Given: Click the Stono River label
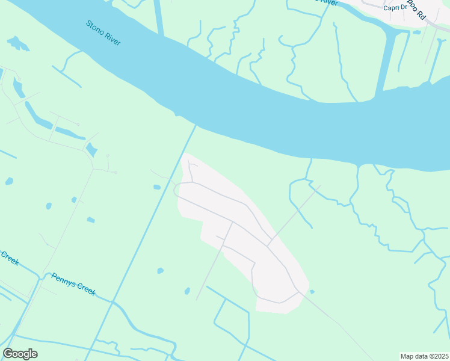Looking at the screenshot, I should (x=103, y=34).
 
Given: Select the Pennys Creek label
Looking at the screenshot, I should (x=73, y=284).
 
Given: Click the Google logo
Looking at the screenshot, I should (x=20, y=354).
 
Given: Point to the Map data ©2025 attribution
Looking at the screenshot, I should (x=424, y=356).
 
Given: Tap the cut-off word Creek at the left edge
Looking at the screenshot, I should (x=10, y=259).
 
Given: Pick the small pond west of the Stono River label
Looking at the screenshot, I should (x=18, y=43).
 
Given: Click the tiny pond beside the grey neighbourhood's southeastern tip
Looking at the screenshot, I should (x=312, y=292).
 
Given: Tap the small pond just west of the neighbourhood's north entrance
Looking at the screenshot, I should (x=157, y=187).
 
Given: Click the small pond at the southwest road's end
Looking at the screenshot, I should (x=187, y=291).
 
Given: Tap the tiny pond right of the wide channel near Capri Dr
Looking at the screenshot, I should (x=418, y=32).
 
